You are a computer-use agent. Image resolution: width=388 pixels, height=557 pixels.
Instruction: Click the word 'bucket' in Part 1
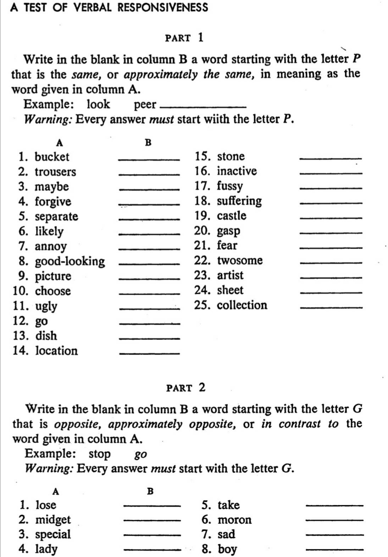pyautogui.click(x=52, y=157)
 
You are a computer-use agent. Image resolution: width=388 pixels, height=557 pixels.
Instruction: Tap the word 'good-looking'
pyautogui.click(x=70, y=261)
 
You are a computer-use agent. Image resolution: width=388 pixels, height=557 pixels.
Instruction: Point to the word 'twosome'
pyautogui.click(x=240, y=260)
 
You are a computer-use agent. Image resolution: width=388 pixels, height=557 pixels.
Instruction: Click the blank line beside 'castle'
pyautogui.click(x=331, y=218)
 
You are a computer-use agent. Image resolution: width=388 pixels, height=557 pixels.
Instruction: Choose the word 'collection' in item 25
pyautogui.click(x=242, y=305)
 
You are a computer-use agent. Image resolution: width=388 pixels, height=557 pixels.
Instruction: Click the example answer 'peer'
pyautogui.click(x=145, y=104)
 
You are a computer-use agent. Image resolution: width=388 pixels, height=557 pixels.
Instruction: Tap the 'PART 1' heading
pyautogui.click(x=184, y=37)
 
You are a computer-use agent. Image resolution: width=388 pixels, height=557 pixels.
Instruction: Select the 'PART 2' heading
pyautogui.click(x=186, y=387)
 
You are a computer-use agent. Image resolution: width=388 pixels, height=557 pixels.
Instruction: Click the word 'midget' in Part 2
pyautogui.click(x=53, y=520)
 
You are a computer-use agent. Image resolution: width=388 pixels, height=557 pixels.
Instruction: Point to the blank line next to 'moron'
pyautogui.click(x=334, y=520)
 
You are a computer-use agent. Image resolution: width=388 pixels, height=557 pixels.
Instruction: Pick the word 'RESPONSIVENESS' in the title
pyautogui.click(x=163, y=7)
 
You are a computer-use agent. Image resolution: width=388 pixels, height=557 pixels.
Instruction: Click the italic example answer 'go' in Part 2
pyautogui.click(x=141, y=454)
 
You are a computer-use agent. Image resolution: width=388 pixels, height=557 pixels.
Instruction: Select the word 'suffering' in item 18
pyautogui.click(x=239, y=201)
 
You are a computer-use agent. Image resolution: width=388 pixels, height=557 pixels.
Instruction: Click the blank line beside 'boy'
pyautogui.click(x=334, y=550)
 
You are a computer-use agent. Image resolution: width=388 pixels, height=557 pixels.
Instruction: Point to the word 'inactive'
pyautogui.click(x=237, y=171)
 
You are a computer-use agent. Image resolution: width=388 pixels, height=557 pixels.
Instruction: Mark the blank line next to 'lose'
pyautogui.click(x=151, y=506)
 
